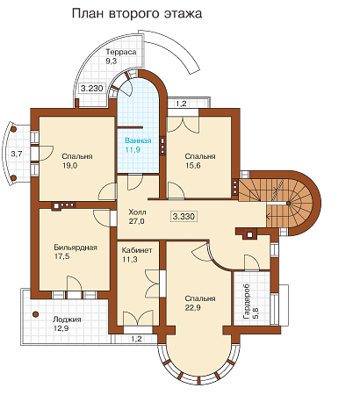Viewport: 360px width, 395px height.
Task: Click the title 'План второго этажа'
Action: [x=137, y=14]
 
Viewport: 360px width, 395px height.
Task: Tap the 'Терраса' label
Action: [x=121, y=52]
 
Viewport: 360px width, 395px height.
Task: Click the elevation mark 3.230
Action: [x=92, y=88]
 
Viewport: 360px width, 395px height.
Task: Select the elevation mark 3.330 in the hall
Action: [x=184, y=217]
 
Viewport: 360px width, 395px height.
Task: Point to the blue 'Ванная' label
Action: [x=138, y=140]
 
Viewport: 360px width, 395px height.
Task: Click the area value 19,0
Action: [x=69, y=166]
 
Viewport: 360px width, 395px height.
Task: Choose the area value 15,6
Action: [x=192, y=166]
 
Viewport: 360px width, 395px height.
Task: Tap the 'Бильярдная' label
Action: [x=76, y=248]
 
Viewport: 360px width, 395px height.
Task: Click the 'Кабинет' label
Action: [x=137, y=250]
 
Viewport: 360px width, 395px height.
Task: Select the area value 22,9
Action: [x=192, y=308]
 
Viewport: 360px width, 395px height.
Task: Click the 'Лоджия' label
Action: [x=67, y=320]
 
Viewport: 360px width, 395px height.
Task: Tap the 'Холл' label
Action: [x=137, y=212]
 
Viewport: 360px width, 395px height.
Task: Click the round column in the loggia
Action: [x=35, y=314]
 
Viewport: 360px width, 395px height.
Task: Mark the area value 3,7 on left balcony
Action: [x=17, y=154]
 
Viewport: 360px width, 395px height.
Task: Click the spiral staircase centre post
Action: [x=288, y=203]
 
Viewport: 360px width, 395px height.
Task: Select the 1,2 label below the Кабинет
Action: [x=136, y=340]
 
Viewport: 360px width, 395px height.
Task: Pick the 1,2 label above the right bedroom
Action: [x=181, y=104]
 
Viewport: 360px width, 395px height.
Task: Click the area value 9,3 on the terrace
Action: [x=112, y=61]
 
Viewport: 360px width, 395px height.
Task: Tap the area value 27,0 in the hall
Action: [x=136, y=221]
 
